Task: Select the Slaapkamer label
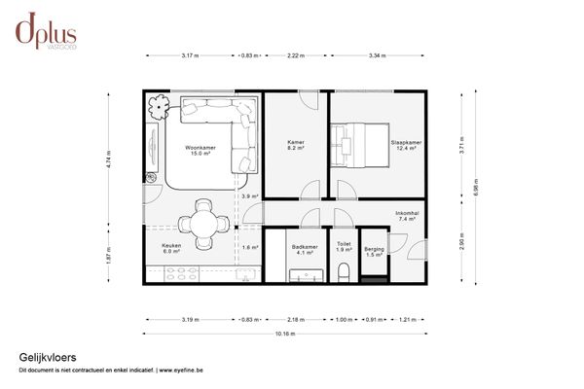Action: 404,146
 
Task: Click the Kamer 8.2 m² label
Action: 296,146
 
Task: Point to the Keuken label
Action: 171,249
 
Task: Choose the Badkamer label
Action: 305,249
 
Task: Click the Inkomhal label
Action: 407,217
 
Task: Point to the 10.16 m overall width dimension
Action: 285,334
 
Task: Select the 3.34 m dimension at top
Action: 376,56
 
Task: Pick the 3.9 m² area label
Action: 248,197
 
